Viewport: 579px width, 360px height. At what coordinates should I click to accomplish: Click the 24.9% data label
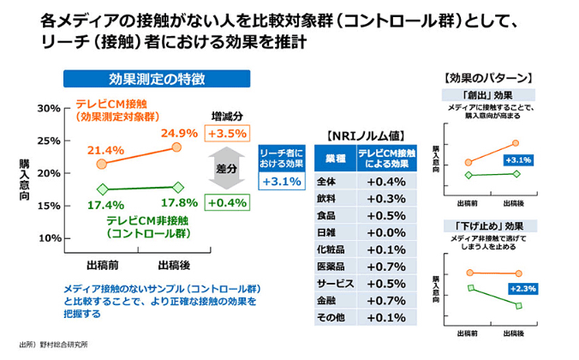coord(179,134)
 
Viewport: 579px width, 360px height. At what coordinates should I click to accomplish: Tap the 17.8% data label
coord(179,203)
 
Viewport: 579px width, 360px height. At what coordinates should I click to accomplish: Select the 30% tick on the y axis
coord(48,109)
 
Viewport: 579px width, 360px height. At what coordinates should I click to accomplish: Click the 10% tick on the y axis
coord(48,237)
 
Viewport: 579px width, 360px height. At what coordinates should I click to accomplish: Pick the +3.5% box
coord(227,134)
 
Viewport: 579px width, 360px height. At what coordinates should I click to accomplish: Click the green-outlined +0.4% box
coord(227,203)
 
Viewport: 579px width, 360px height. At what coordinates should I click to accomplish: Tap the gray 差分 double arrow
coord(226,169)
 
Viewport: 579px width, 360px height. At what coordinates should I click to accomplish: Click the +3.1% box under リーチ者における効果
coord(282,182)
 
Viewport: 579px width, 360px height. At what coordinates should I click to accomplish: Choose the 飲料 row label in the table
coord(329,198)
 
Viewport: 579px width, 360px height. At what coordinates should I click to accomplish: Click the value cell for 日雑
coord(385,232)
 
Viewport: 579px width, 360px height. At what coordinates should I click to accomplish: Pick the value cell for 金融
coord(385,300)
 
